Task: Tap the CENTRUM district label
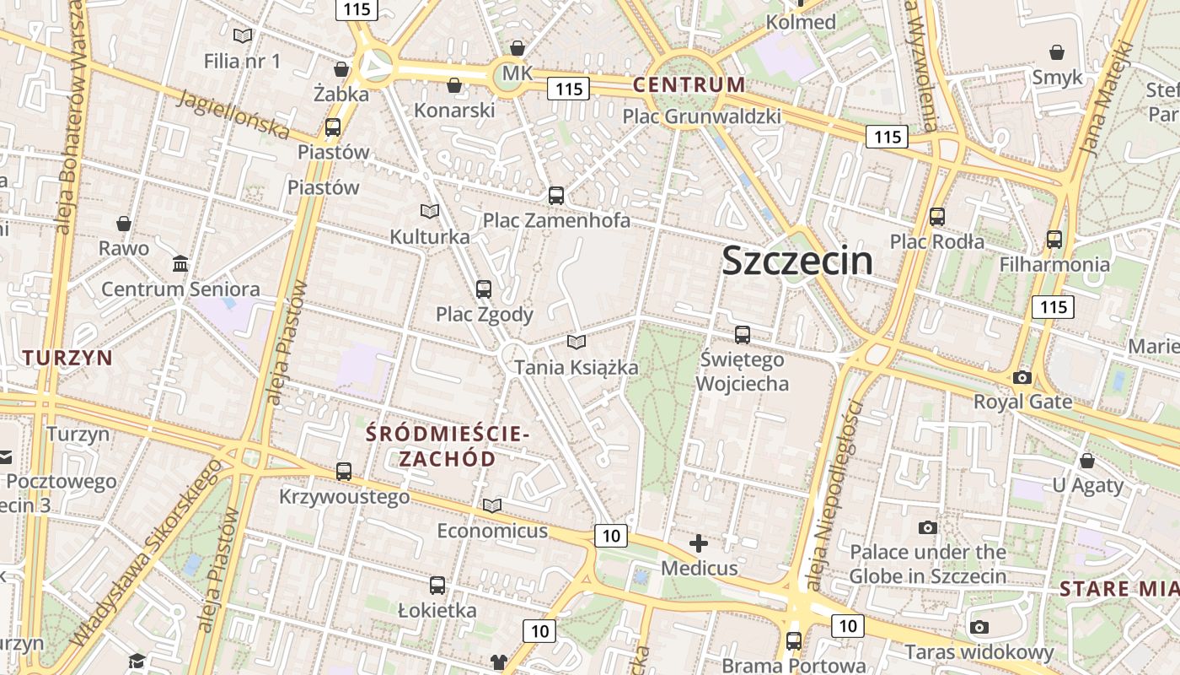point(689,84)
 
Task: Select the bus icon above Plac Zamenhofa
point(556,196)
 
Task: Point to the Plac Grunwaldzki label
point(701,116)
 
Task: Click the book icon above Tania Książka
point(577,342)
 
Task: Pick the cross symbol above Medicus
point(699,543)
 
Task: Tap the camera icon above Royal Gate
point(1022,377)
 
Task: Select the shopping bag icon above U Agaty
point(1087,461)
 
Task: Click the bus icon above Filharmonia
point(1054,239)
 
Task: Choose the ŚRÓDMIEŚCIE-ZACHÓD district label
point(448,446)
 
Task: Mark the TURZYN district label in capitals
point(67,358)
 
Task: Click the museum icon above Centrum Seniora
point(180,264)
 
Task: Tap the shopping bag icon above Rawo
point(124,224)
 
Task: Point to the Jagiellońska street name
point(233,116)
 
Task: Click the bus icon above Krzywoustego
point(344,472)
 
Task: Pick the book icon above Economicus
point(492,505)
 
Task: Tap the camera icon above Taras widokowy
point(979,627)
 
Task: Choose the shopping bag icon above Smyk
point(1056,52)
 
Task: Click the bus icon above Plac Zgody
point(484,289)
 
